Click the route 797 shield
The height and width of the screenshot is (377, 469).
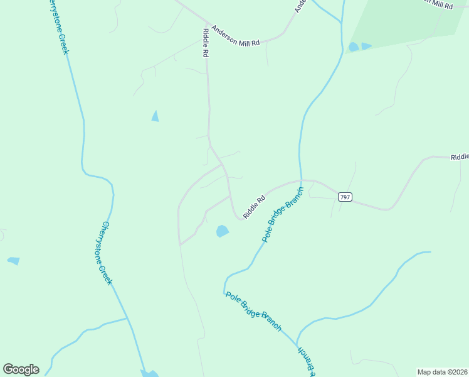344,197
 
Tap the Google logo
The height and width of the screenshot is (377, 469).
21,369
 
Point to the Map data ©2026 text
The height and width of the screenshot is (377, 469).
442,372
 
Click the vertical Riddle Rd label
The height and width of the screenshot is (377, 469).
205,43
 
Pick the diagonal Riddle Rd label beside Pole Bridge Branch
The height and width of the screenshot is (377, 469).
254,207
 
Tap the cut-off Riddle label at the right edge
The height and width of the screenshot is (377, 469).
460,156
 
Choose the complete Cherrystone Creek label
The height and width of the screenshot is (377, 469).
107,253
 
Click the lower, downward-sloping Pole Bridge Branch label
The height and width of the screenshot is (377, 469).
253,312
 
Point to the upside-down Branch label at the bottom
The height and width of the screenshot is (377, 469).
304,361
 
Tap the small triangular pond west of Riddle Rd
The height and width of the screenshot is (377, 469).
155,116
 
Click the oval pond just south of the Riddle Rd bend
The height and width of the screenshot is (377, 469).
222,231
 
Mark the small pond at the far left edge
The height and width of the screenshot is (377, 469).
13,261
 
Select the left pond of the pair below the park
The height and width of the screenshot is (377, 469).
354,47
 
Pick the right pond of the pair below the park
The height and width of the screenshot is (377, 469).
366,46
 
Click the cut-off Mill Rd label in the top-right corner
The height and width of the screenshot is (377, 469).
439,4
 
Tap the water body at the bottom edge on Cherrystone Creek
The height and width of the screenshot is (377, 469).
150,374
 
